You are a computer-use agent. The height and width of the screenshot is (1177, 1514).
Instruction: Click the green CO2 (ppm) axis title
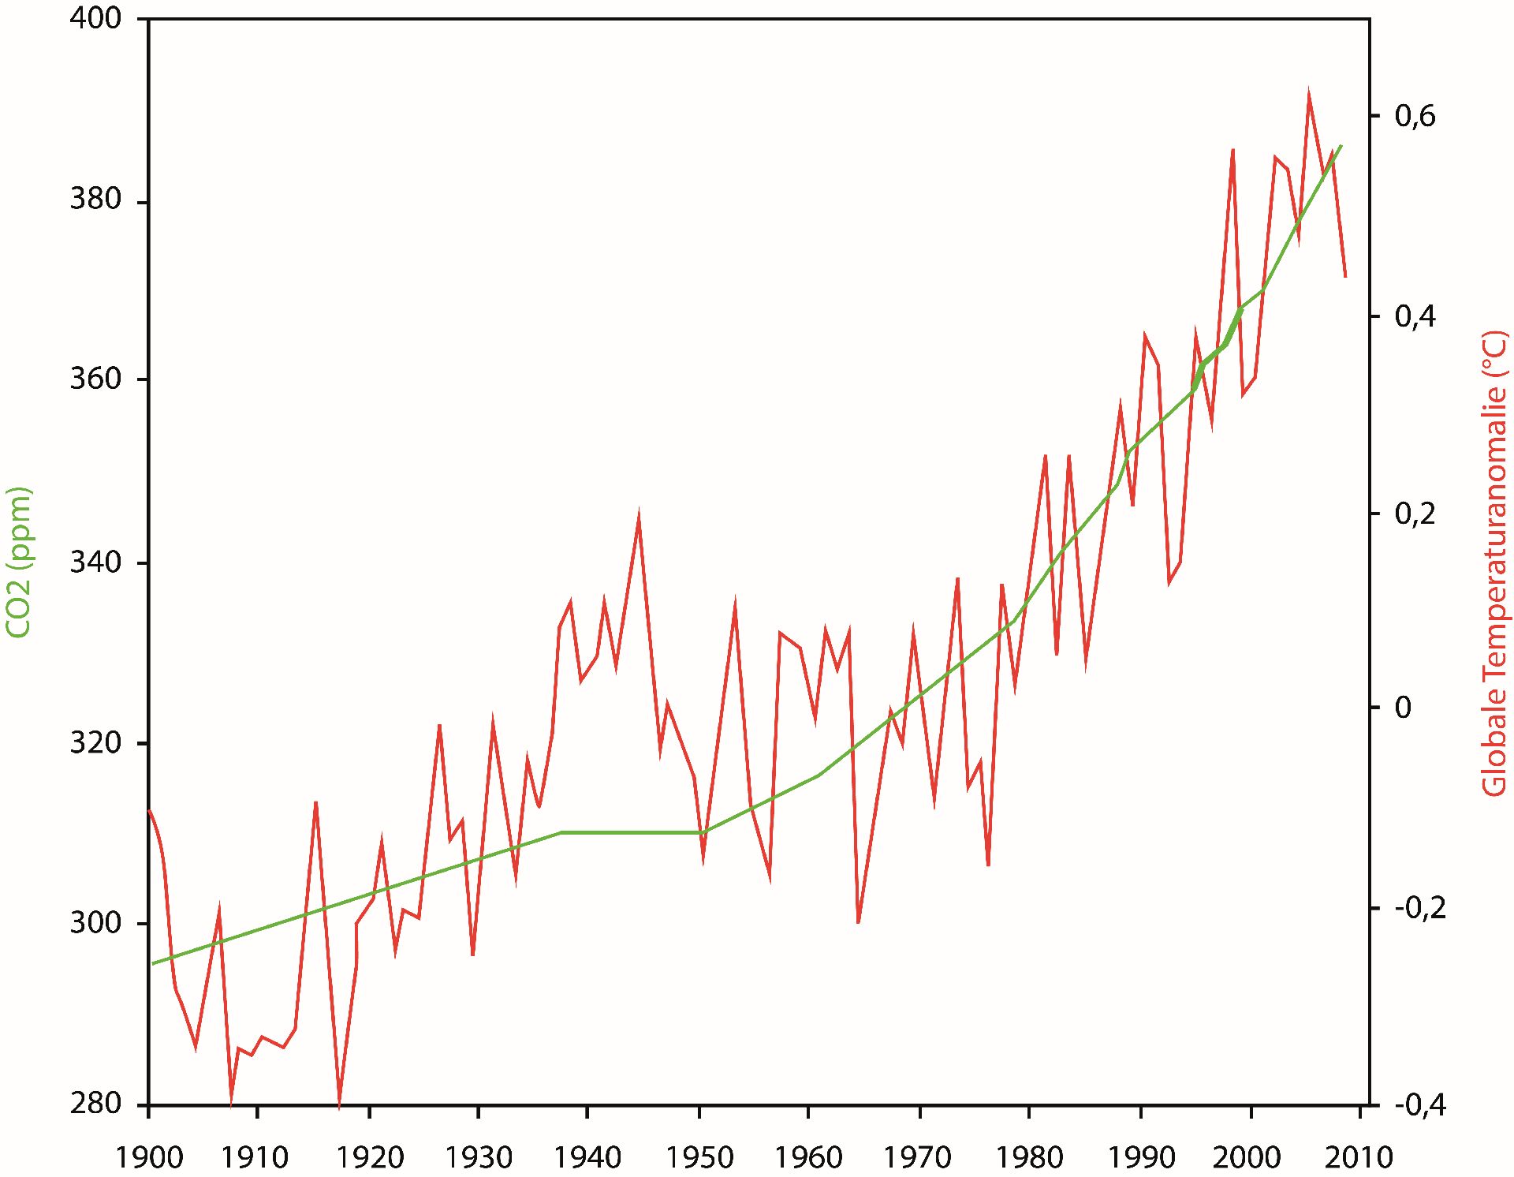pos(18,562)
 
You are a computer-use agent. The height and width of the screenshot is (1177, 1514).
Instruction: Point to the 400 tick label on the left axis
pos(96,18)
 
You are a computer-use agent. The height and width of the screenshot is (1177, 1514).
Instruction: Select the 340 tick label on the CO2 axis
pos(96,563)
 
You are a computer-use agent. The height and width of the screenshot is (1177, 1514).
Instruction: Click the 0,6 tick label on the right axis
pos(1415,117)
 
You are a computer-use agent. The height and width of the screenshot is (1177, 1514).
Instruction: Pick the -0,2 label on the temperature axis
pos(1415,909)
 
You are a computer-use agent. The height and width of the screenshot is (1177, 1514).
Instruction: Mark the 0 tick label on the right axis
pos(1403,708)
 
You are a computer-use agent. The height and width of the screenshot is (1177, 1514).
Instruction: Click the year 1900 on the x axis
pos(149,1157)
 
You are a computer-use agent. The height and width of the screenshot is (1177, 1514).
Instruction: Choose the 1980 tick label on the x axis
pos(1030,1157)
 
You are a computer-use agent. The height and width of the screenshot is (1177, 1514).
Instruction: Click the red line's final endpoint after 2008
pos(1345,276)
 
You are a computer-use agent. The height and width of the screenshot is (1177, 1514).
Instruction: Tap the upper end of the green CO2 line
pos(1341,147)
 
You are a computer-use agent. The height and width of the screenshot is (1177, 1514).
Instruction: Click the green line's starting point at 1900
pos(154,963)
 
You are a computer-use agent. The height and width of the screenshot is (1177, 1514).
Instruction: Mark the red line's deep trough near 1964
pos(858,922)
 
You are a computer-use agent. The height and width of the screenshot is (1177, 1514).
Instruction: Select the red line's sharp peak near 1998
pos(1232,150)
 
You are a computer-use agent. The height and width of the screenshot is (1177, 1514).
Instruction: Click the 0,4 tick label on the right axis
pos(1415,317)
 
